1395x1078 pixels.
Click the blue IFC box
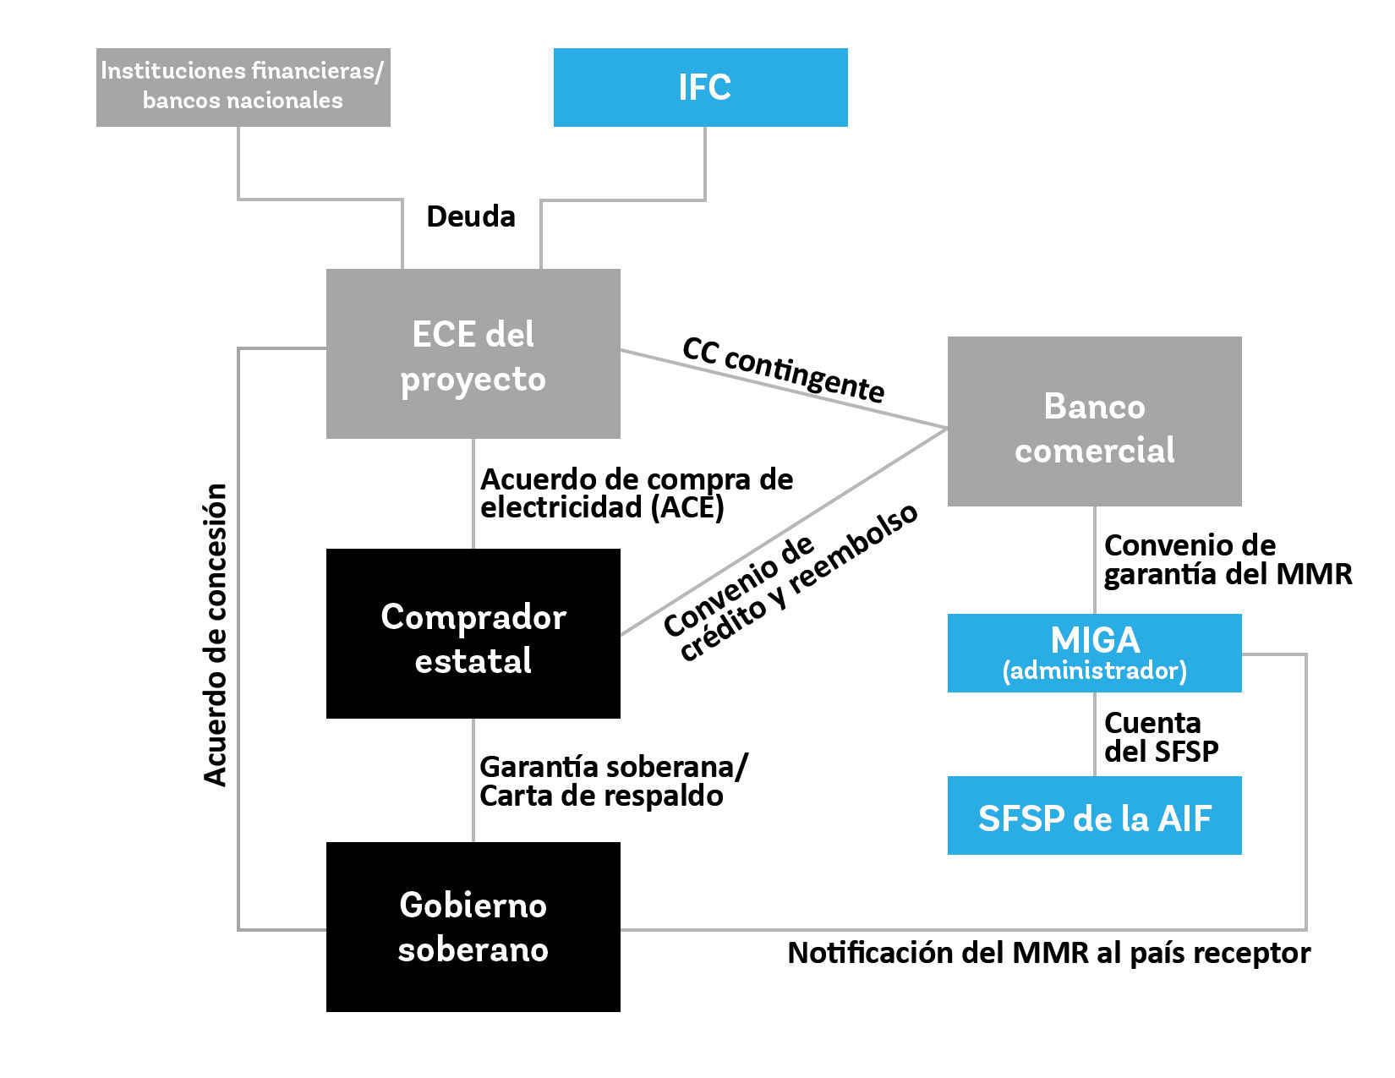point(700,87)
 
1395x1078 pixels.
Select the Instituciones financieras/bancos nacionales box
point(243,87)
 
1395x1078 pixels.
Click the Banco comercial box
point(1094,421)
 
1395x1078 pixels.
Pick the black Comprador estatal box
point(473,633)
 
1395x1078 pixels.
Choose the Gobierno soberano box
point(473,927)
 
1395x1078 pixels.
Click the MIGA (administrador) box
point(1094,653)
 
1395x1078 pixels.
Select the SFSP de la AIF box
point(1094,816)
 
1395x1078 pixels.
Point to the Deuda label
point(471,216)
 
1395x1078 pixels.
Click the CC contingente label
point(783,370)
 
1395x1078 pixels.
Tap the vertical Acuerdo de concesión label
point(216,634)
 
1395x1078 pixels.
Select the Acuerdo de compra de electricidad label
point(636,493)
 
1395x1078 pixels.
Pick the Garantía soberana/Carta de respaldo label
point(612,781)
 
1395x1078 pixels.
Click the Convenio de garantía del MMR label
point(1227,560)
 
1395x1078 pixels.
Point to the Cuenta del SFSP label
point(1160,736)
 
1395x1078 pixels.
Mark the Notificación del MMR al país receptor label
point(1048,953)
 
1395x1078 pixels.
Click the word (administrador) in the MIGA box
point(1094,671)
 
